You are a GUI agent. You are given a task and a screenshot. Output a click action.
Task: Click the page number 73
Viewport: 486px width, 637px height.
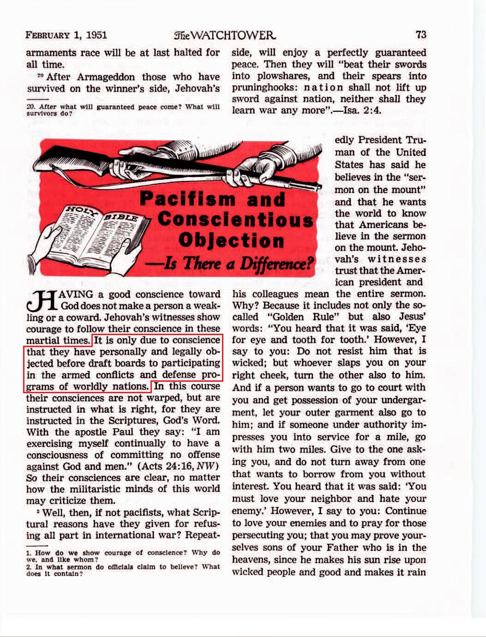pyautogui.click(x=420, y=35)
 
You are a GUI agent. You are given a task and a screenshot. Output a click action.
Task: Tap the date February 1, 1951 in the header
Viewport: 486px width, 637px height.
pyautogui.click(x=66, y=35)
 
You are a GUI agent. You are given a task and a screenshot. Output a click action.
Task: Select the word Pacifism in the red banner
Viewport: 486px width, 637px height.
pyautogui.click(x=188, y=199)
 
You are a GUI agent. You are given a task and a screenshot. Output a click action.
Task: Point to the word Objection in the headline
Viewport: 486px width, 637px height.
pyautogui.click(x=231, y=240)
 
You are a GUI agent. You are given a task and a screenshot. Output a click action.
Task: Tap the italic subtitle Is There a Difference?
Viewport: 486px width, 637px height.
pyautogui.click(x=229, y=263)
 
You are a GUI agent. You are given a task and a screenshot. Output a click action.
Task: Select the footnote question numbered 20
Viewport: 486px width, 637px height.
pyautogui.click(x=122, y=110)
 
